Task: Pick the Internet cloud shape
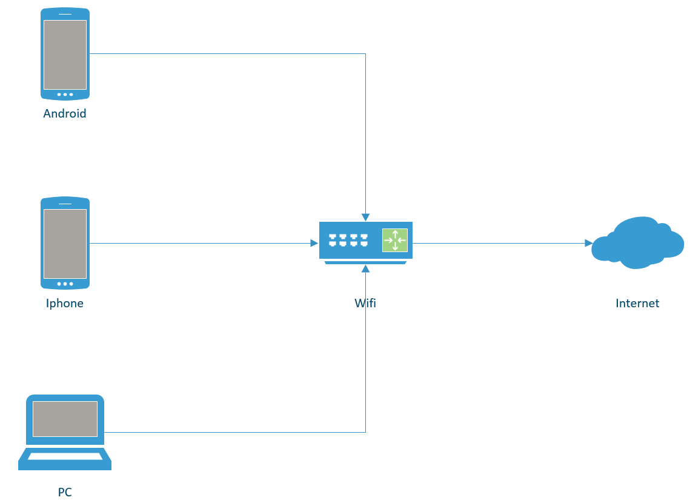click(x=637, y=243)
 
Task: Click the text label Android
click(x=65, y=113)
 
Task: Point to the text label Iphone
click(x=65, y=303)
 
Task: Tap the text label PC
click(x=65, y=492)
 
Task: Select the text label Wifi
click(x=365, y=303)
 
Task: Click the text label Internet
click(x=637, y=303)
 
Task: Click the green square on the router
click(x=395, y=240)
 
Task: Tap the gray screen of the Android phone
click(x=65, y=55)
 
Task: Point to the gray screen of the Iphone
click(x=65, y=244)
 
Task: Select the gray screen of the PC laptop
click(x=65, y=419)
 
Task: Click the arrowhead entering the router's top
click(x=365, y=217)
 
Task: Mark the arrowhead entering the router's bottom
click(x=365, y=268)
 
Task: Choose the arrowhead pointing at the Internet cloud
click(x=588, y=243)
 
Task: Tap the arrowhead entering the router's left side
click(x=314, y=243)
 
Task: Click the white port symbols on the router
click(x=348, y=240)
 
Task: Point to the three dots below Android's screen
click(x=65, y=95)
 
